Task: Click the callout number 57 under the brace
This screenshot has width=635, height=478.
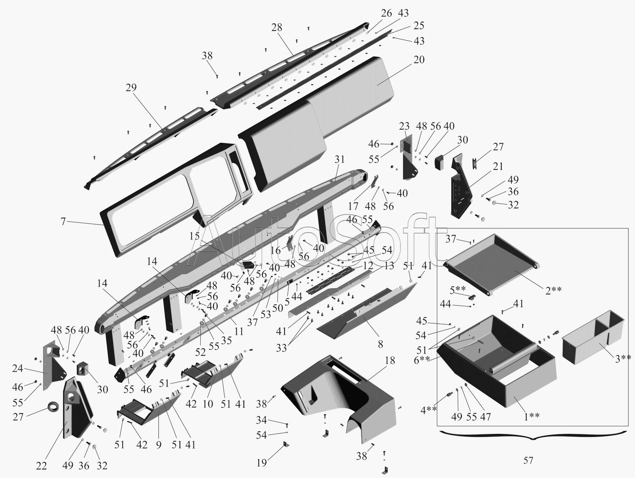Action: point(528,460)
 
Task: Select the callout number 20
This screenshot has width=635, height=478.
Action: point(419,59)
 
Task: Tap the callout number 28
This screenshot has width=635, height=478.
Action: point(277,28)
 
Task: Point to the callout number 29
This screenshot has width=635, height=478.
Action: point(131,88)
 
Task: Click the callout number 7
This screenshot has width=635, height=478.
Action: point(63,221)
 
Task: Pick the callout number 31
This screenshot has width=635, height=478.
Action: point(340,159)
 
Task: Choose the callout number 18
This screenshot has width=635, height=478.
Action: point(390,360)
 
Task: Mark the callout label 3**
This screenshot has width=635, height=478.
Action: point(623,358)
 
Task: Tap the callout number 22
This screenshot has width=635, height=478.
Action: point(41,466)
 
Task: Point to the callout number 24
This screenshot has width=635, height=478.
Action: point(17,369)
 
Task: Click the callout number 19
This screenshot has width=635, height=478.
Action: point(262,462)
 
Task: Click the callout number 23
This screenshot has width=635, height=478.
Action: point(404,126)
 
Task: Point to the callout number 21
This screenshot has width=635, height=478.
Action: point(498,166)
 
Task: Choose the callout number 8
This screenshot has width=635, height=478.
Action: point(381,344)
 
